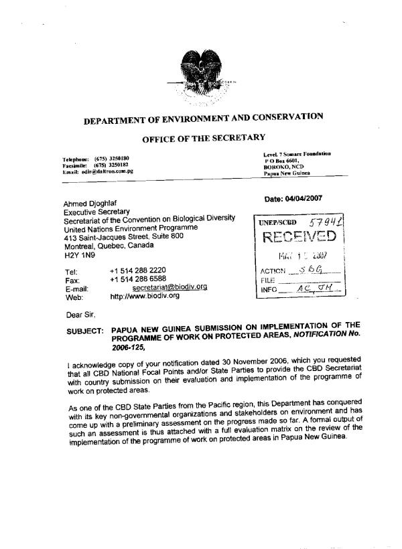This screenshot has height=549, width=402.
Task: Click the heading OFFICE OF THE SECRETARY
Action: point(203,139)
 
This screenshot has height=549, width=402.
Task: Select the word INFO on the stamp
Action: point(267,291)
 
